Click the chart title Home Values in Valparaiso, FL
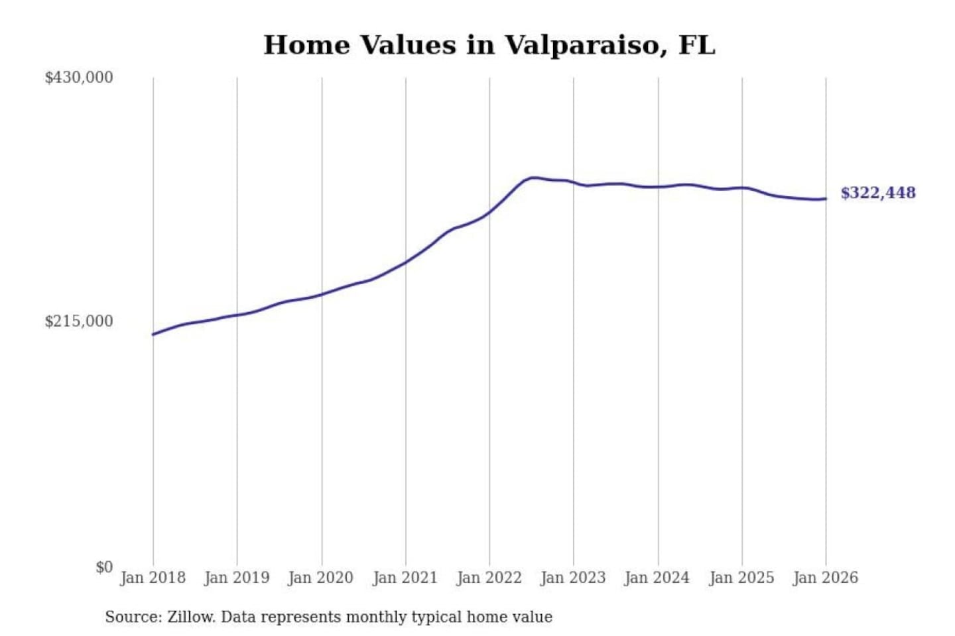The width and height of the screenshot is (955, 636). pyautogui.click(x=489, y=45)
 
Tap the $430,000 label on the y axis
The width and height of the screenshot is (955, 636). pyautogui.click(x=79, y=78)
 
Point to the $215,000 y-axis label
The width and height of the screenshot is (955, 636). pyautogui.click(x=79, y=321)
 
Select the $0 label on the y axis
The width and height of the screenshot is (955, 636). pyautogui.click(x=104, y=567)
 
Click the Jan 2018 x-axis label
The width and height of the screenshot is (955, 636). pyautogui.click(x=153, y=578)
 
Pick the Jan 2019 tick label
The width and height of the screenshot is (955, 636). pyautogui.click(x=237, y=578)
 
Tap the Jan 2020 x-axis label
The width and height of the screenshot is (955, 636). pyautogui.click(x=321, y=578)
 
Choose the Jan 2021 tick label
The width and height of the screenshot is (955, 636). pyautogui.click(x=405, y=578)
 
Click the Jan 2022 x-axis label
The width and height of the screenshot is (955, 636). pyautogui.click(x=489, y=578)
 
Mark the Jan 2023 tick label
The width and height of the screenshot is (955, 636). pyautogui.click(x=573, y=578)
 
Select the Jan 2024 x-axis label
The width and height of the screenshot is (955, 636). pyautogui.click(x=657, y=578)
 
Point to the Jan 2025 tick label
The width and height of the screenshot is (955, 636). pyautogui.click(x=741, y=578)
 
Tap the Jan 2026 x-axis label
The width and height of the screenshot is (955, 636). pyautogui.click(x=826, y=578)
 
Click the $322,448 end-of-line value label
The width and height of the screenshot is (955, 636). pyautogui.click(x=878, y=193)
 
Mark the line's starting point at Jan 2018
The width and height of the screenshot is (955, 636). pyautogui.click(x=153, y=334)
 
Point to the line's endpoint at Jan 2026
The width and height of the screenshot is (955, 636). pyautogui.click(x=826, y=199)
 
